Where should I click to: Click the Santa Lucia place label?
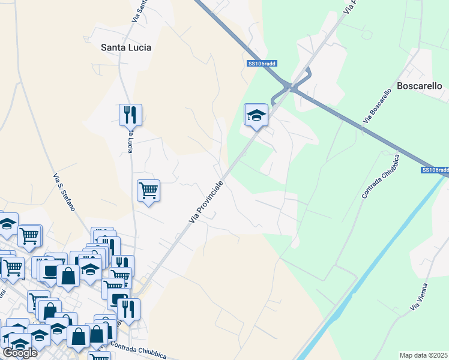pyautogui.click(x=126, y=47)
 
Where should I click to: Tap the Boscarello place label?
pyautogui.click(x=420, y=86)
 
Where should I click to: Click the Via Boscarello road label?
pyautogui.click(x=381, y=107)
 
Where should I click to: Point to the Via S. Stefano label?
pyautogui.click(x=64, y=192)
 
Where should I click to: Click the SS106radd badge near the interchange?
pyautogui.click(x=262, y=63)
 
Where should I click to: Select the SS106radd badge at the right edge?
pyautogui.click(x=435, y=170)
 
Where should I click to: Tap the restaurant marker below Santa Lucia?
pyautogui.click(x=130, y=113)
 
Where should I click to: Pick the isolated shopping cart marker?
pyautogui.click(x=148, y=191)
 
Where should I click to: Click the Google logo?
pyautogui.click(x=20, y=353)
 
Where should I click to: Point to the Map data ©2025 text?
pyautogui.click(x=424, y=355)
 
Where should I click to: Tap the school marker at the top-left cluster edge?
pyautogui.click(x=7, y=224)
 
